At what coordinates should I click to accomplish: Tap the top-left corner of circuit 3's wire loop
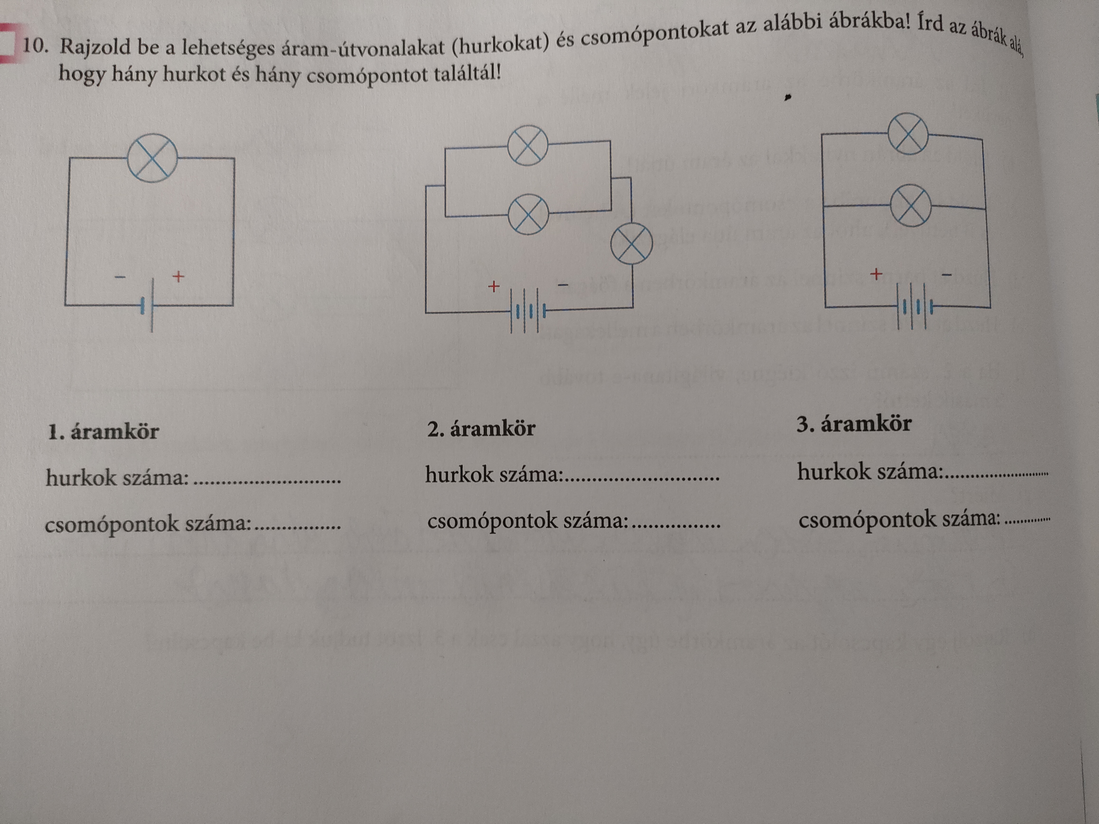point(822,134)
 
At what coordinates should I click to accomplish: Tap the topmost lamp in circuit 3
point(908,134)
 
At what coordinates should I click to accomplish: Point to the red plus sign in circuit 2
point(493,287)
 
